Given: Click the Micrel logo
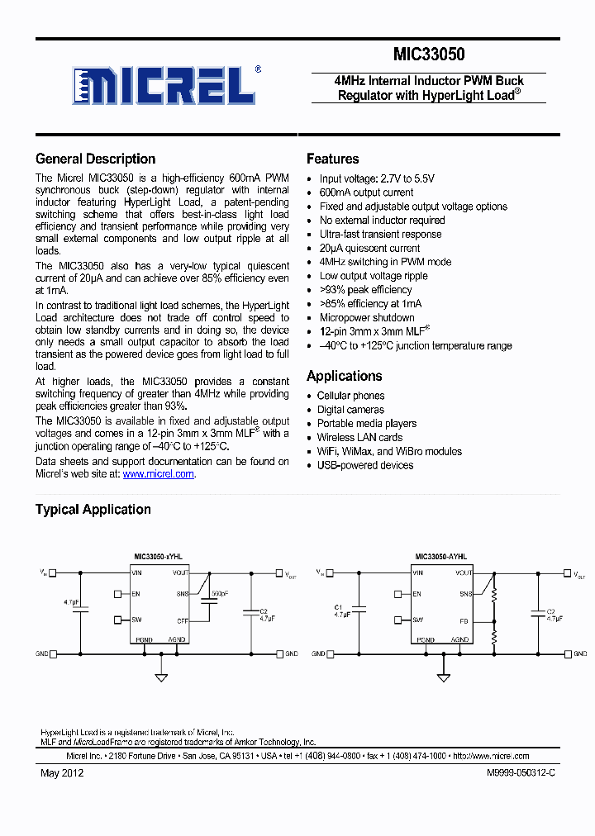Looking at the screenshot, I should coord(166,84).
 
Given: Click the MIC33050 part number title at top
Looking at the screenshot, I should coord(429,55).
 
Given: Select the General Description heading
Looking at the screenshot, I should coord(95,159).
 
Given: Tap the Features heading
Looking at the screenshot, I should coord(332,159).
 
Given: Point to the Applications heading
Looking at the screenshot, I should coord(344,376).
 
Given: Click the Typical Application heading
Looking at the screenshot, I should coord(93,510).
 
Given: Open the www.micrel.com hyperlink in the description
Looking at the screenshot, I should coord(158,474).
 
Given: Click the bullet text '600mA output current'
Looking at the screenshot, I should coord(366,192).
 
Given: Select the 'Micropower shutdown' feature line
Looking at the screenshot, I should coord(367,318).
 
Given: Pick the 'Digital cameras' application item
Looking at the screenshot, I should coord(350,410).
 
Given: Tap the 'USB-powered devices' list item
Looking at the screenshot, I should coord(364,465).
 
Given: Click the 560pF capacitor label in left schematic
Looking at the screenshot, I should coord(219,593).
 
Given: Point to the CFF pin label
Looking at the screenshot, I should coord(183,620).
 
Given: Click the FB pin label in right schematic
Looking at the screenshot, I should coord(464,620).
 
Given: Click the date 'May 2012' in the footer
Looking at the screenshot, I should coord(62,773).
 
